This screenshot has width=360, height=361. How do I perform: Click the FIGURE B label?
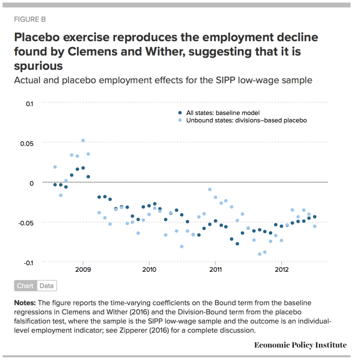30,19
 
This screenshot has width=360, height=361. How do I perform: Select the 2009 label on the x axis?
83,270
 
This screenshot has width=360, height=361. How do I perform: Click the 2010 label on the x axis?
149,270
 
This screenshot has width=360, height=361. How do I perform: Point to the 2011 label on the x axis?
215,270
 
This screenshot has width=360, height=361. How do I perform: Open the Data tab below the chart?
47,286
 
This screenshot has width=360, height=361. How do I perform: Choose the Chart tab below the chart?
25,286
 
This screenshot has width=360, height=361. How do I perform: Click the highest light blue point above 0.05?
83,140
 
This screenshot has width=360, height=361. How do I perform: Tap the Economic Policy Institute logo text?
300,345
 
